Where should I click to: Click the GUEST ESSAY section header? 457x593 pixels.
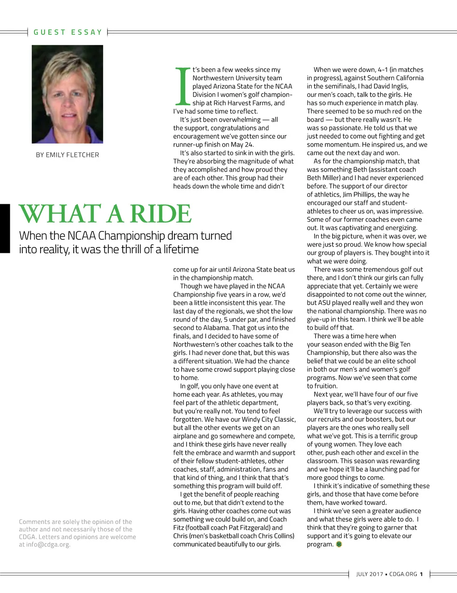tap(68, 32)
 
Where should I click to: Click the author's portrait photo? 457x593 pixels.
tap(67, 94)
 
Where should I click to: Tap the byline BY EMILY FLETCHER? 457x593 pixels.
tap(67, 155)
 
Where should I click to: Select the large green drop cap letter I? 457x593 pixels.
tap(182, 86)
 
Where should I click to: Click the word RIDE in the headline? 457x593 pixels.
tap(160, 214)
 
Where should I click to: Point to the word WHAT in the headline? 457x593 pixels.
tap(60, 214)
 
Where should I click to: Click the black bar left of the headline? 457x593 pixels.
tap(5, 228)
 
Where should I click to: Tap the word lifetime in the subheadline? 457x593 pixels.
tap(181, 249)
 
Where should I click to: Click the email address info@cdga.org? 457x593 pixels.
tap(48, 544)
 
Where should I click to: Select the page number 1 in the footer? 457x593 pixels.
tap(421, 574)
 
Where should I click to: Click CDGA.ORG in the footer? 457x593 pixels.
tap(403, 574)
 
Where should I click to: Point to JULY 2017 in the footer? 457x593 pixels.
tap(370, 574)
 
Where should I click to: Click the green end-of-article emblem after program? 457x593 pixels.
tap(339, 544)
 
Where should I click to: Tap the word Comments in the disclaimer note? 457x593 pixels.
tap(34, 522)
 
